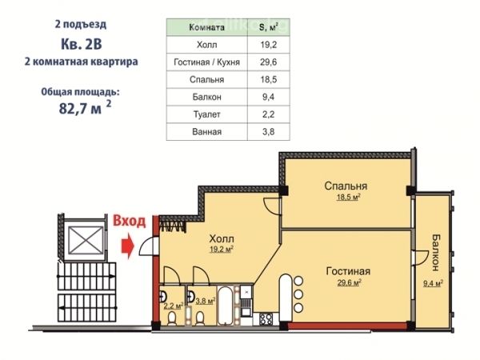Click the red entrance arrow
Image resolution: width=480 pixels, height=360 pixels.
(128, 246)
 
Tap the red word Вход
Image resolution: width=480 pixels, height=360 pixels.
(129, 221)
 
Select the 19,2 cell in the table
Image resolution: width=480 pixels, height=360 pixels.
(269, 45)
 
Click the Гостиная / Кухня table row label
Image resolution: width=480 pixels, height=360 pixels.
(206, 62)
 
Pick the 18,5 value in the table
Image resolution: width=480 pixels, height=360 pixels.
(269, 80)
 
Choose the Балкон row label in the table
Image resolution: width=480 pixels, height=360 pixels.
(206, 98)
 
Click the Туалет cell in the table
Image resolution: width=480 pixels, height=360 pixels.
(206, 114)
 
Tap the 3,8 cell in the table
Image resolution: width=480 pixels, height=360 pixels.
(269, 132)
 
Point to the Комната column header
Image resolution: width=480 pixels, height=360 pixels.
(206, 27)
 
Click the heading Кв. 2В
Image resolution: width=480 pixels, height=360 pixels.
(82, 44)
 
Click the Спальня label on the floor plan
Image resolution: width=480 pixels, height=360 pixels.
(346, 186)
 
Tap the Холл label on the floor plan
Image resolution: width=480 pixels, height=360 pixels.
(222, 238)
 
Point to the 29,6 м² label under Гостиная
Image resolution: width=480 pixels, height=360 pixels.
(349, 282)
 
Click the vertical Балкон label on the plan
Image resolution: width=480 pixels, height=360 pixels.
(435, 253)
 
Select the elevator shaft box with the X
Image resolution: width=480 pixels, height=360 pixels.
(86, 240)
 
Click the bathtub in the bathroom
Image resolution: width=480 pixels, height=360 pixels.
(225, 306)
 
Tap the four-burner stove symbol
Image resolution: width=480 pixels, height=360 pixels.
(266, 319)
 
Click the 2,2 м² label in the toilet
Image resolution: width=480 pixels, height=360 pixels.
(174, 306)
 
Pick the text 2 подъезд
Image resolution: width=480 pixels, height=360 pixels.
(81, 24)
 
